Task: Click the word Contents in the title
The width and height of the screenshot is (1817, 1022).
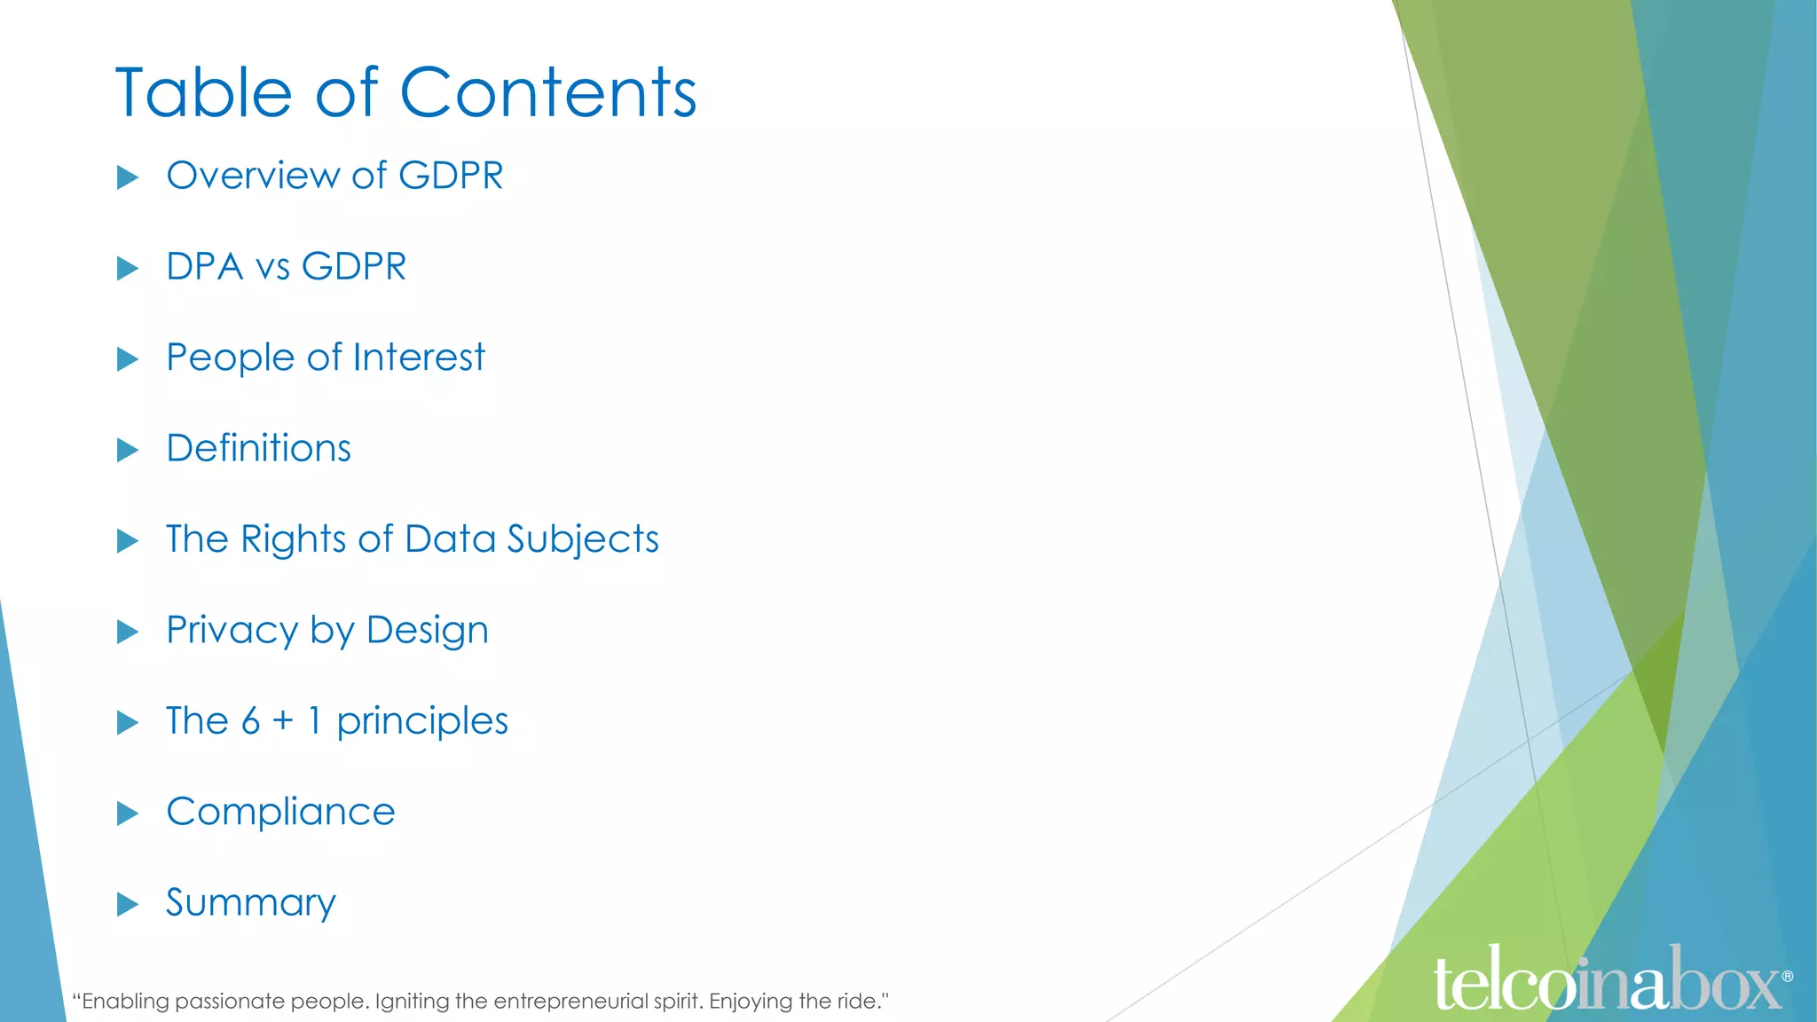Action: (548, 93)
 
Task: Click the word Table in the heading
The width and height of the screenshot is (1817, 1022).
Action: (203, 93)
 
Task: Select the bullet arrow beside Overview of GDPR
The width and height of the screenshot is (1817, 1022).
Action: (128, 177)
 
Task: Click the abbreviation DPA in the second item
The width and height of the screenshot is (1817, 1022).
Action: (204, 267)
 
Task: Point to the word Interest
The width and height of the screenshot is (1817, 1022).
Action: (419, 358)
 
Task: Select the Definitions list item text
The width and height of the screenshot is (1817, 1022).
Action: (258, 449)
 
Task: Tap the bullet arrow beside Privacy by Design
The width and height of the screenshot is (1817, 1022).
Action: (128, 632)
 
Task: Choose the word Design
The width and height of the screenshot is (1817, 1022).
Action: (427, 632)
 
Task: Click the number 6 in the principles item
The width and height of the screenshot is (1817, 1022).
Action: (251, 721)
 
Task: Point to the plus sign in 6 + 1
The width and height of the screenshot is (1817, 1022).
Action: (283, 720)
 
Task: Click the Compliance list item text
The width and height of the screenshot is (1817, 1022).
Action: (280, 813)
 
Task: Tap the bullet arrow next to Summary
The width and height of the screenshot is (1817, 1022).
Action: (128, 905)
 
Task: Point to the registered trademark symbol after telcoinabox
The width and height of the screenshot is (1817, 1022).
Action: (1787, 976)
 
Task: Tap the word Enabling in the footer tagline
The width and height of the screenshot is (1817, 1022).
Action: (125, 1002)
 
